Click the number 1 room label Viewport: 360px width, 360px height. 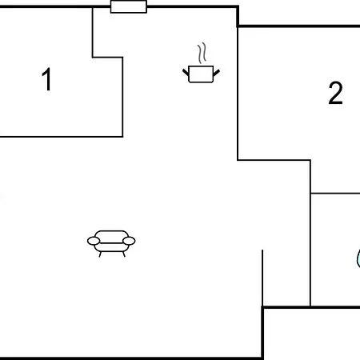(47, 79)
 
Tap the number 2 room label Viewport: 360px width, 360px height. (335, 93)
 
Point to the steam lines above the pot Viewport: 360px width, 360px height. (202, 53)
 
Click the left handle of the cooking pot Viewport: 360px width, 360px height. (186, 72)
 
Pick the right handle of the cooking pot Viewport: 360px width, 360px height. (217, 73)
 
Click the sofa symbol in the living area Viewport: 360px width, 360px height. (111, 243)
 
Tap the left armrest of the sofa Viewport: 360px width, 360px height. (94, 241)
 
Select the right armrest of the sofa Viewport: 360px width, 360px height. (129, 241)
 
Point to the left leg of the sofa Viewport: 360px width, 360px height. (100, 254)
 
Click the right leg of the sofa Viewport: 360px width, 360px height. (124, 254)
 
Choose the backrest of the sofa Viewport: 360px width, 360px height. (111, 237)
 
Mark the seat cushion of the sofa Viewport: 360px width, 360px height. (111, 247)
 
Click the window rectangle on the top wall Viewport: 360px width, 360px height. (129, 6)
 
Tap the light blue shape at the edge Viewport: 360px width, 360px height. (358, 258)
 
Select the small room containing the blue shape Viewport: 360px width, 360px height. (335, 250)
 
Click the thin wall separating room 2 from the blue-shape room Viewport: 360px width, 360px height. (335, 193)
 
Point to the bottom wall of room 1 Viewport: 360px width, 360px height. (62, 137)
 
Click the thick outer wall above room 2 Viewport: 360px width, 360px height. (298, 26)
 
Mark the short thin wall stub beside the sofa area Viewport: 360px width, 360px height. (262, 278)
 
